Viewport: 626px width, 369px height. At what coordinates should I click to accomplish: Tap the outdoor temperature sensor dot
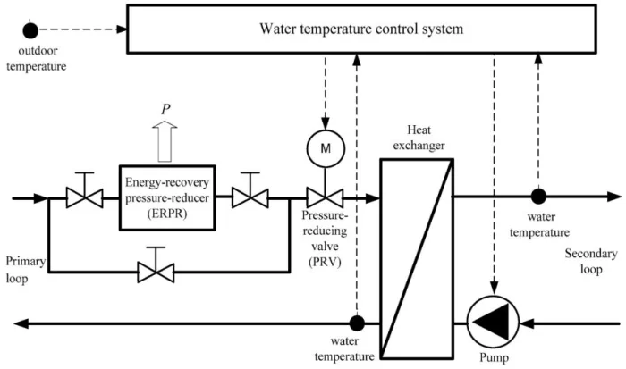pos(30,30)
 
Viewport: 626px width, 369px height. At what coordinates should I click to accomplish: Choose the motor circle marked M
pos(325,147)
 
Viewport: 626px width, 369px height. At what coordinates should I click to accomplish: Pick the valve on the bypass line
pos(155,271)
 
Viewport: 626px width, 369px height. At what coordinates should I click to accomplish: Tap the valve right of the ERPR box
pos(250,197)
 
